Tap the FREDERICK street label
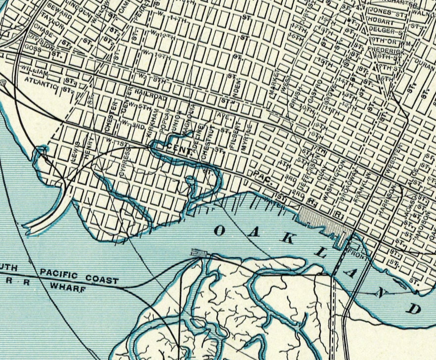click(x=388, y=50)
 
